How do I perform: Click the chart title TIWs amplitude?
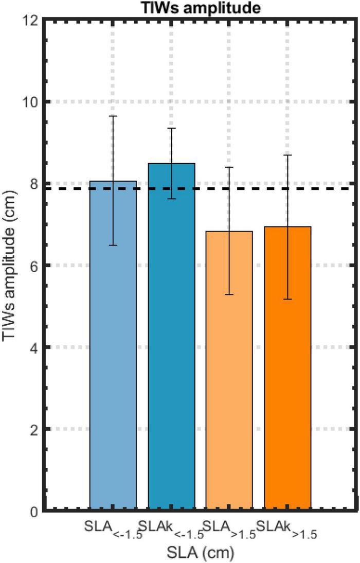(199, 7)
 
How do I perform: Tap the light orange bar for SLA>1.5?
(229, 371)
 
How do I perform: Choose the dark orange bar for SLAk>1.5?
(287, 368)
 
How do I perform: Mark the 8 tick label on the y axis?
(34, 184)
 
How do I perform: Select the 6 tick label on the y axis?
(34, 266)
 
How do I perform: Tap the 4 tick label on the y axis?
(34, 347)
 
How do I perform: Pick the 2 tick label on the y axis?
(34, 429)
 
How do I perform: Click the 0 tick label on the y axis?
(34, 511)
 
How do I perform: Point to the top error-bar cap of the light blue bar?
(113, 116)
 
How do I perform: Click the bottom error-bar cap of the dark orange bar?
(287, 299)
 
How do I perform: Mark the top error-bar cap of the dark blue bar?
(172, 128)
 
